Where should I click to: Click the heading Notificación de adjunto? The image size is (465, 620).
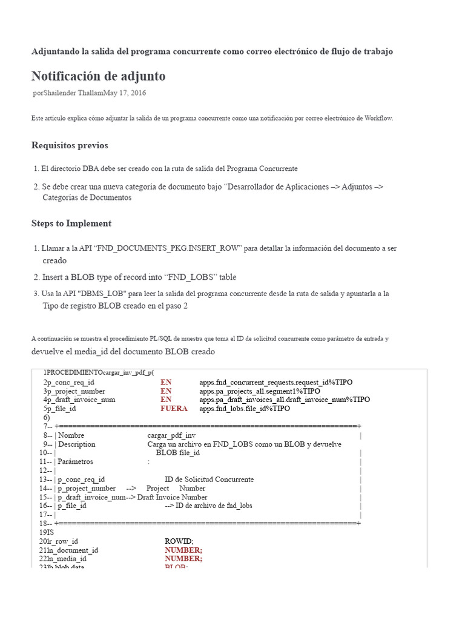tap(98, 76)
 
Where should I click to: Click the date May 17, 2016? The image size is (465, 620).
tap(125, 93)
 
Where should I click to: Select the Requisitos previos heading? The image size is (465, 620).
tap(70, 145)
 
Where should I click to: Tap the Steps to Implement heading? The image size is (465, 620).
tap(71, 223)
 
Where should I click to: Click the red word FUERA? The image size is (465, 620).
tap(174, 409)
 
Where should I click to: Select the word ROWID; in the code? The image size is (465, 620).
tap(179, 541)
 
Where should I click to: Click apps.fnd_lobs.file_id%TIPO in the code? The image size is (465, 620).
tap(245, 409)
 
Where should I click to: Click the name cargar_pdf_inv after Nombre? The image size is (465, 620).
tap(171, 435)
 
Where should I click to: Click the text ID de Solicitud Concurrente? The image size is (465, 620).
tap(209, 480)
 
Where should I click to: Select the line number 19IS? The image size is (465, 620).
tap(47, 532)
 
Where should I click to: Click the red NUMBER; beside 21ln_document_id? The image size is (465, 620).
tap(183, 550)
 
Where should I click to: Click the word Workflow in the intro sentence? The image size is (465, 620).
tap(378, 118)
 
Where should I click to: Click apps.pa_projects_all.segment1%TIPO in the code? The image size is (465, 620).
tap(260, 391)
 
